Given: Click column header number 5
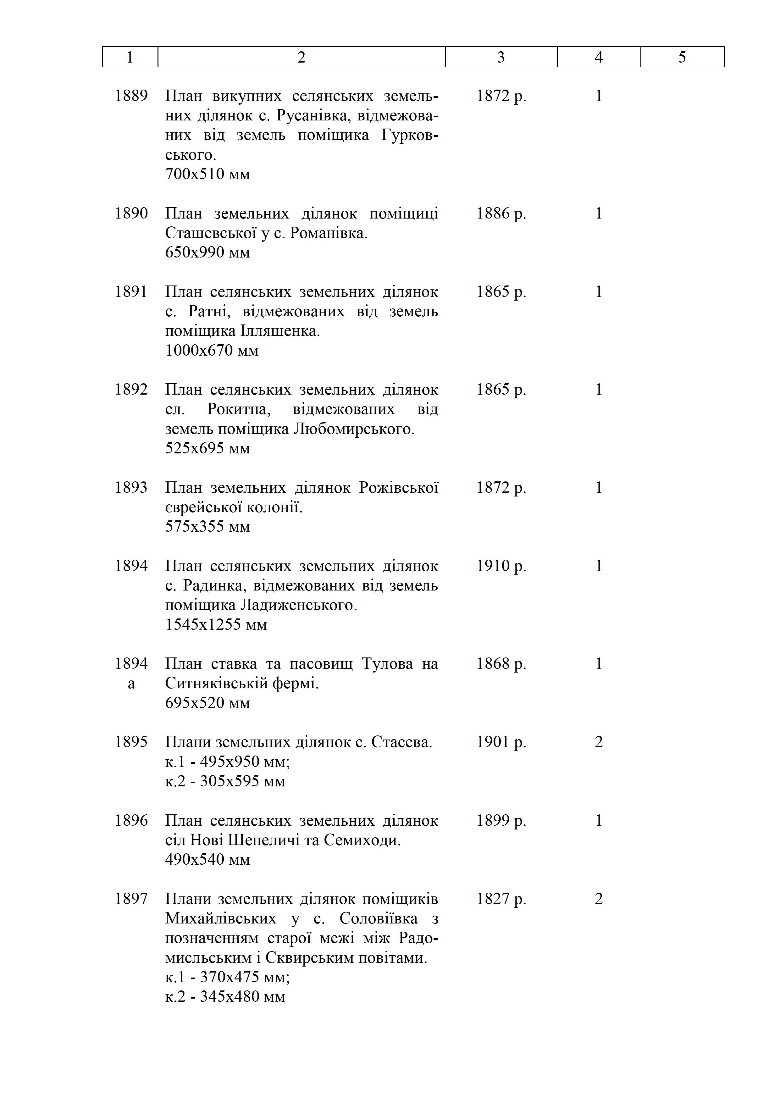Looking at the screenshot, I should pyautogui.click(x=682, y=57).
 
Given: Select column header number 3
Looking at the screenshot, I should pyautogui.click(x=501, y=57).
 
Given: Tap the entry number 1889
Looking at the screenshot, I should pyautogui.click(x=131, y=96).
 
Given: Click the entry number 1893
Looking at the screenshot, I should pyautogui.click(x=131, y=488).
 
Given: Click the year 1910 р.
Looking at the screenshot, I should pyautogui.click(x=501, y=566).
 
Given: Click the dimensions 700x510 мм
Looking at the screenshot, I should pyautogui.click(x=207, y=174).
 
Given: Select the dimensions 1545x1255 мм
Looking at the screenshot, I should pyautogui.click(x=216, y=624).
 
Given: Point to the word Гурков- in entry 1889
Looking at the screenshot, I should pyautogui.click(x=410, y=136).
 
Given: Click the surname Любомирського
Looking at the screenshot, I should pyautogui.click(x=353, y=429).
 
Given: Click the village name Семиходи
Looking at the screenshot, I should pyautogui.click(x=362, y=840).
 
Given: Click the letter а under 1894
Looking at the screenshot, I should pyautogui.click(x=131, y=684).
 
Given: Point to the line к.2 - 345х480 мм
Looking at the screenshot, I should pyautogui.click(x=225, y=997).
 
